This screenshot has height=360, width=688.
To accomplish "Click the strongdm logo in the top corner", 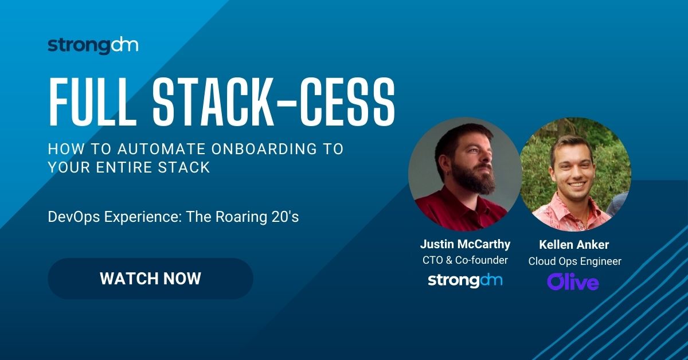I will click(x=93, y=46).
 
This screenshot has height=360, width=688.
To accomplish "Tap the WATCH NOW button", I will click(x=150, y=279).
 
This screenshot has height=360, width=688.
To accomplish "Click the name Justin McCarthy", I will click(x=465, y=244).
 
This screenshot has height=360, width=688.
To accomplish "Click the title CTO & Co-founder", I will click(x=465, y=261).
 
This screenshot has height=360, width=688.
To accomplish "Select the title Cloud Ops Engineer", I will click(x=574, y=261).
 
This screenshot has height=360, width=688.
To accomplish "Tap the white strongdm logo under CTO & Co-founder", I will click(x=465, y=280).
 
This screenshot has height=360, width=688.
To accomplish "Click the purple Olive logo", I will click(x=573, y=281).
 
